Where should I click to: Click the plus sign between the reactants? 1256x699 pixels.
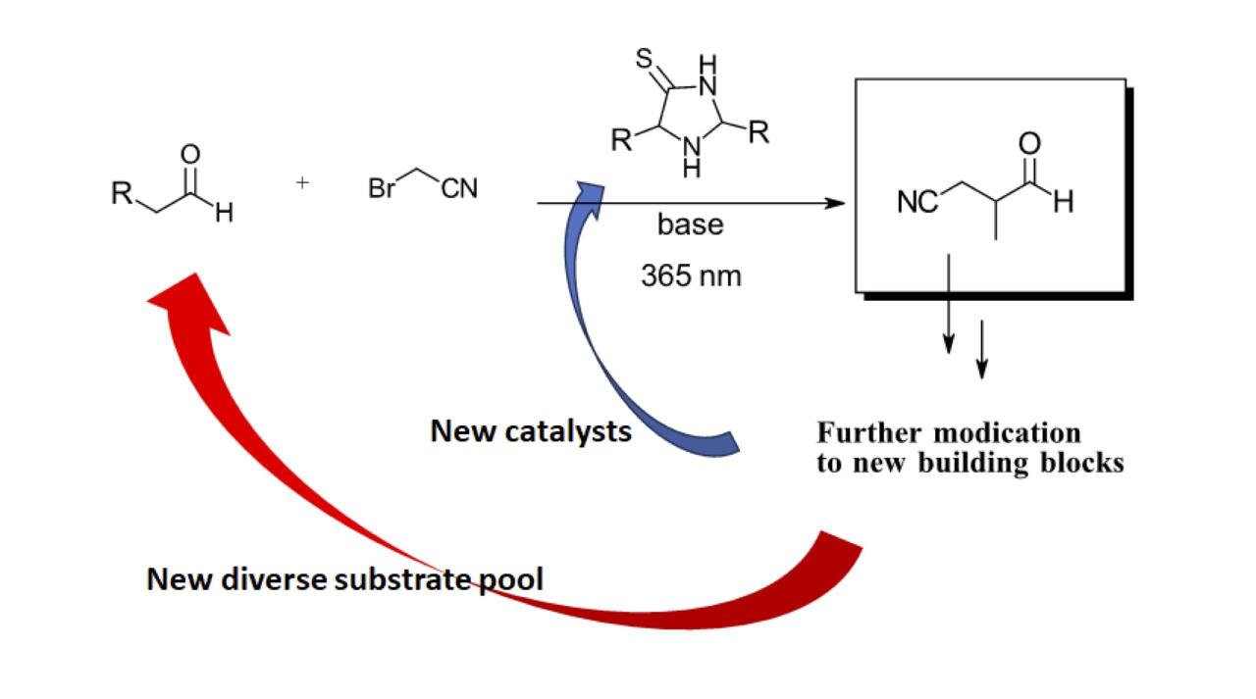pyautogui.click(x=302, y=182)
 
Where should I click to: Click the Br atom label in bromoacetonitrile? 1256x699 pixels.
pyautogui.click(x=382, y=188)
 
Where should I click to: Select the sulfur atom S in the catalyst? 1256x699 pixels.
pyautogui.click(x=645, y=59)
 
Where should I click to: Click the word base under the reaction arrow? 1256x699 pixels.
pyautogui.click(x=690, y=225)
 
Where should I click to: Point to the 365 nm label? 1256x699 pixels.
pyautogui.click(x=691, y=276)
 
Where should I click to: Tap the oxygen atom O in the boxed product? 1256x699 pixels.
pyautogui.click(x=1029, y=144)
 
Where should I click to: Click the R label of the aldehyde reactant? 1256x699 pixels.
pyautogui.click(x=122, y=193)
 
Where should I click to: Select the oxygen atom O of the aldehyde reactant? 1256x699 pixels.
pyautogui.click(x=190, y=154)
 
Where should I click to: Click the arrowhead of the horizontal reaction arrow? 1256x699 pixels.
pyautogui.click(x=835, y=204)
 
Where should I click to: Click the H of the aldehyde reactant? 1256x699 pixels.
pyautogui.click(x=224, y=212)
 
